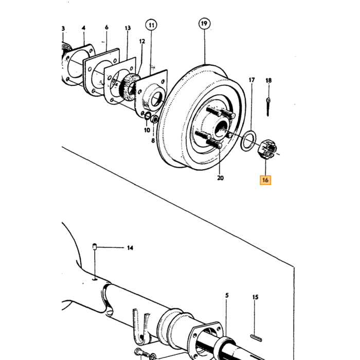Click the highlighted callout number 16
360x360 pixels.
point(265,180)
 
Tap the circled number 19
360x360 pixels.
point(204,24)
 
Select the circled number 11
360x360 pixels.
point(151,25)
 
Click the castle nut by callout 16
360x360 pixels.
point(267,149)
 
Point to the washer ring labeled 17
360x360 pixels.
point(248,141)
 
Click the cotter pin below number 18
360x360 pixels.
point(268,106)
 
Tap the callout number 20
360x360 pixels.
point(220,178)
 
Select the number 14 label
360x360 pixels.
point(130,248)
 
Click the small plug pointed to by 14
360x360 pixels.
point(94,246)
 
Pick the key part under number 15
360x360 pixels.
point(256,338)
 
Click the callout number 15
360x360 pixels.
point(255,297)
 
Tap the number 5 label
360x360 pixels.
point(227,295)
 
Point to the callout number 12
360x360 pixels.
point(142,41)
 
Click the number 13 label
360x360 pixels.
point(128,28)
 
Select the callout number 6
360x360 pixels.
point(106,27)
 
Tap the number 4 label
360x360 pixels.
point(83,28)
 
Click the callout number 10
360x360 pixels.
point(147,130)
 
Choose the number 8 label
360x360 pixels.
point(153,140)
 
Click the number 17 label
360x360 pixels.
point(251,80)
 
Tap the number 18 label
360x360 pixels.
point(268,80)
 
